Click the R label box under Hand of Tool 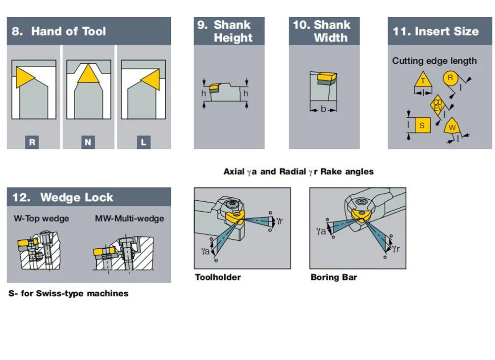click(x=32, y=142)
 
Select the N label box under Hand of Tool click(x=88, y=142)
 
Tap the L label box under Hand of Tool click(x=144, y=142)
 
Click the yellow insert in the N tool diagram click(x=88, y=75)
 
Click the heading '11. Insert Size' click(x=436, y=31)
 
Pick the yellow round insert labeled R click(x=450, y=78)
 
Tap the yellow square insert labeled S click(x=422, y=125)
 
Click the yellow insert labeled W click(x=451, y=127)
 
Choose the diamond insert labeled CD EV click(x=438, y=105)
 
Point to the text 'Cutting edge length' click(x=434, y=61)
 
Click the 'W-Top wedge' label click(x=41, y=218)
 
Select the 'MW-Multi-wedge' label click(x=129, y=218)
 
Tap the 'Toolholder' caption click(x=218, y=277)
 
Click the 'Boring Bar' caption click(x=334, y=277)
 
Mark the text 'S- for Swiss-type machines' click(x=68, y=293)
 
